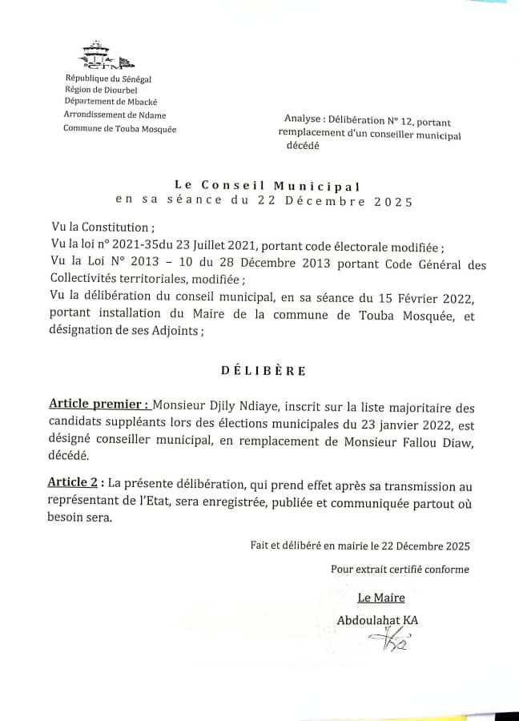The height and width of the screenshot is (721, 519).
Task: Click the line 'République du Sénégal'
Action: click(x=108, y=79)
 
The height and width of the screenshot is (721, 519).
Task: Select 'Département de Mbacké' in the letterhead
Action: click(x=108, y=102)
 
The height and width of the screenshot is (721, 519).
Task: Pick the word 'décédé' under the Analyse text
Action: click(x=303, y=147)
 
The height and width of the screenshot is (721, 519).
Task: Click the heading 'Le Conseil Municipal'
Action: click(x=263, y=186)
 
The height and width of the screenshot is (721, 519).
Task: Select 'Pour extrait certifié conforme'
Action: click(x=400, y=570)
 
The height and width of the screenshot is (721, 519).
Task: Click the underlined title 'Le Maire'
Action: click(x=380, y=598)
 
